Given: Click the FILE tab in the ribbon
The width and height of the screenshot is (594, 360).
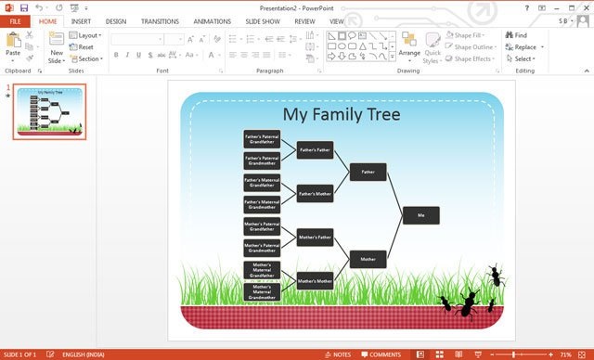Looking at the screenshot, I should coord(15,20).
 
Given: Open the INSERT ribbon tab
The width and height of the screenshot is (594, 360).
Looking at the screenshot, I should coord(81,20).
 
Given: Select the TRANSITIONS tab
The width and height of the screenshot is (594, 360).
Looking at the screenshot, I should coord(160,20).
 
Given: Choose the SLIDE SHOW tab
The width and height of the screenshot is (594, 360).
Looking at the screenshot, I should coord(263,20).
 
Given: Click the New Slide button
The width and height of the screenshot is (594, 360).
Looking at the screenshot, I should coord(57,47).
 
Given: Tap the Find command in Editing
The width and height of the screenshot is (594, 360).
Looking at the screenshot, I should coord(515,35).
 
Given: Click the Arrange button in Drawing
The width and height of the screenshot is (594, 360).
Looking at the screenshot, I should coord(409,45).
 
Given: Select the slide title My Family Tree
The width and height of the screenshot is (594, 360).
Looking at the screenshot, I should coord(342,114).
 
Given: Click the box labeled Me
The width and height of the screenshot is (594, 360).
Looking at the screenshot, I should coord(420,215).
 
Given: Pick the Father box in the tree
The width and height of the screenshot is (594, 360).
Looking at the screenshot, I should coord(368,172).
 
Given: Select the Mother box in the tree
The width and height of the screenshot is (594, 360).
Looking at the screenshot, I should coord(368,259).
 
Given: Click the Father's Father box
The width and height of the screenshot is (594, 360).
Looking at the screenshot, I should coord(315,149).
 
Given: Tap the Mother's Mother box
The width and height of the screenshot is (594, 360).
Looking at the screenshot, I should coord(315,280).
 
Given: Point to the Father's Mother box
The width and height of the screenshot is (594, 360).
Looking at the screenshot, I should coord(315,193).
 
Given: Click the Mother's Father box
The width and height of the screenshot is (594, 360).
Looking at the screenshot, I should coord(315,238).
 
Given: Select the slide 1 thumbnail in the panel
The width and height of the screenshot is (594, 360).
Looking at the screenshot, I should coord(49,112).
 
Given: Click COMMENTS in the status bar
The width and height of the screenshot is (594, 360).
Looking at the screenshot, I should coord(381,354).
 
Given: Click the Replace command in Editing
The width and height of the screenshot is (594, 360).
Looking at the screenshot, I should coord(523,47).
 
